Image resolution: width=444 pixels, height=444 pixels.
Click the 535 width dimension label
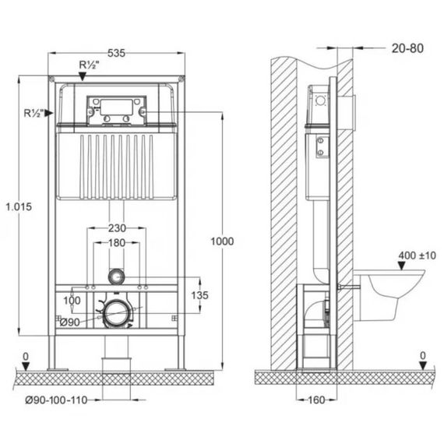pyautogui.click(x=116, y=53)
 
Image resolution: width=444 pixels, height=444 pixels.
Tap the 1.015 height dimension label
pyautogui.click(x=19, y=206)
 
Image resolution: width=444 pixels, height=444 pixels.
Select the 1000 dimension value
pyautogui.click(x=222, y=241)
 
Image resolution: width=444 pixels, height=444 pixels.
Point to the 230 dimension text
pyautogui.click(x=117, y=228)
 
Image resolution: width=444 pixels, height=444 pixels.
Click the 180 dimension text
pyautogui.click(x=117, y=243)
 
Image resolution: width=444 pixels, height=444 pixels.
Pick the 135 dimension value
pyautogui.click(x=199, y=295)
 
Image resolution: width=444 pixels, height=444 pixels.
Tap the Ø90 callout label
pyautogui.click(x=70, y=322)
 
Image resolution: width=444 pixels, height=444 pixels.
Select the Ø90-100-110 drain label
pyautogui.click(x=56, y=400)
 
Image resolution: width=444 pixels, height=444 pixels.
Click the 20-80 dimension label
pyautogui.click(x=407, y=48)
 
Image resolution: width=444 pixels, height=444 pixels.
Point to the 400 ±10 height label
pyautogui.click(x=417, y=255)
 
